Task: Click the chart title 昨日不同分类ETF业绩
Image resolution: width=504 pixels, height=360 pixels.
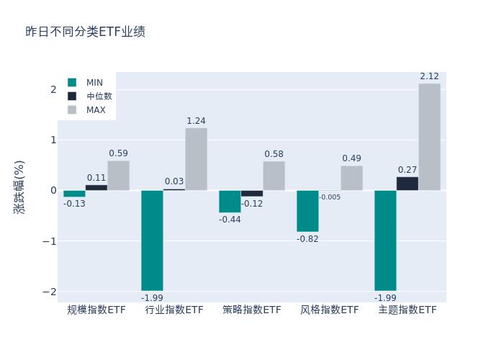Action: [x=85, y=32]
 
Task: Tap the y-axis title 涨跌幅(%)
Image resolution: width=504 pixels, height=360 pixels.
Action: [x=19, y=187]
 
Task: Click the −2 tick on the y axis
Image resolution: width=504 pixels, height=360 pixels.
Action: [x=50, y=292]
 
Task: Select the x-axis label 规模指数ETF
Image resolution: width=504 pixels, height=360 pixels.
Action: [x=96, y=310]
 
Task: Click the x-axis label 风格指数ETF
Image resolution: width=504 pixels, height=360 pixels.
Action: [x=330, y=310]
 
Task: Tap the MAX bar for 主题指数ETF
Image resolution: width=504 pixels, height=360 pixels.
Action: [x=429, y=137]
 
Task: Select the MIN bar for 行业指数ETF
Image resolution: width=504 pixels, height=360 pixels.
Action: [x=152, y=240]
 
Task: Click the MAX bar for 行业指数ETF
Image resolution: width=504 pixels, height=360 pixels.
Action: [x=196, y=159]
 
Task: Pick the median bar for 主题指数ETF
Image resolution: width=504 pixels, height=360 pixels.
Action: [x=407, y=184]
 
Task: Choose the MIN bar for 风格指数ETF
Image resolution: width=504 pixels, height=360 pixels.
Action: [x=307, y=211]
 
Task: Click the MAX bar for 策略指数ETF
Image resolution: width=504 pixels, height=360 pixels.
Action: [x=274, y=176]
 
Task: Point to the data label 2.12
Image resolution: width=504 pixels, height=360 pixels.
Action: [x=429, y=76]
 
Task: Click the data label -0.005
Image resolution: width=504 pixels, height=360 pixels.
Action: [x=330, y=197]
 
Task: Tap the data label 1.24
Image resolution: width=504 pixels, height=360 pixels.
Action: [x=196, y=121]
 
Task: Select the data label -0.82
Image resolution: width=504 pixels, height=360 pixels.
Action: [x=307, y=239]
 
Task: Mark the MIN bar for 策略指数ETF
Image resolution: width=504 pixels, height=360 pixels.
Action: [x=230, y=202]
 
